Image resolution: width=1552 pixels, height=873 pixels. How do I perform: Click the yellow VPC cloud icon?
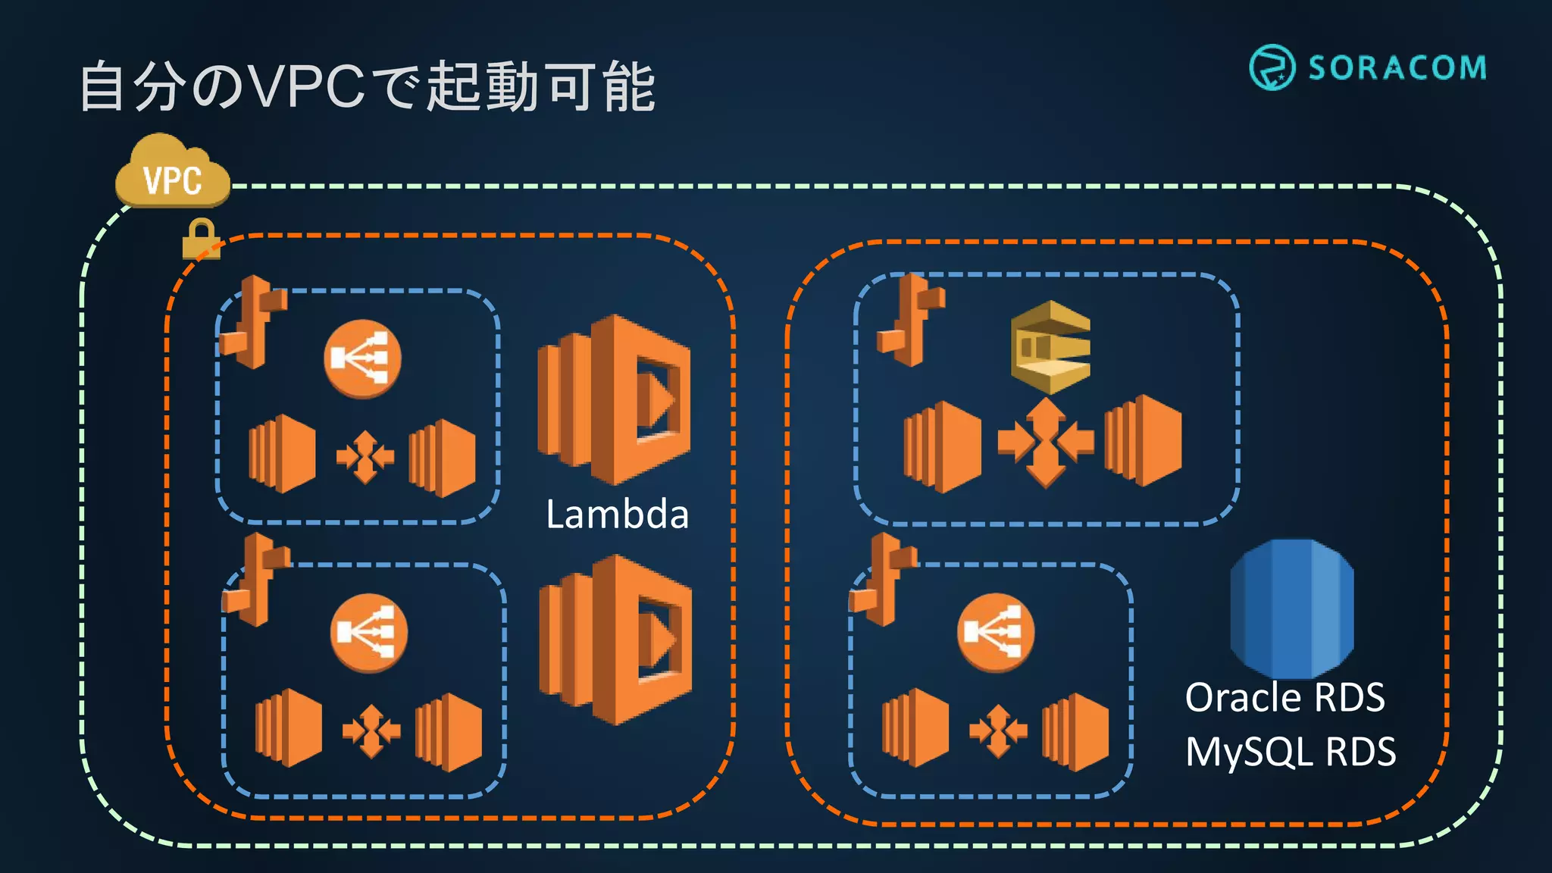[x=173, y=173]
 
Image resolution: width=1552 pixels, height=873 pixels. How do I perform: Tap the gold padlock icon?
[x=201, y=239]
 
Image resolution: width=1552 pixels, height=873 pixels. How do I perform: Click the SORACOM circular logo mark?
[x=1272, y=67]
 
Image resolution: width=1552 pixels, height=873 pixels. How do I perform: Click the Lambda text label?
[x=617, y=515]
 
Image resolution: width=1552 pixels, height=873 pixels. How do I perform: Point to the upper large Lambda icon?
[x=614, y=399]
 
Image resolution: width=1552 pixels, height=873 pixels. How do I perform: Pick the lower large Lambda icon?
[x=615, y=640]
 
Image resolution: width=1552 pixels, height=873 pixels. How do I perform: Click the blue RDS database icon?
[x=1292, y=609]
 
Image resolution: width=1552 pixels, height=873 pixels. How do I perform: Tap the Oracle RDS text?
[x=1284, y=697]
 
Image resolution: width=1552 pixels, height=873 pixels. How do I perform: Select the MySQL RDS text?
[x=1290, y=752]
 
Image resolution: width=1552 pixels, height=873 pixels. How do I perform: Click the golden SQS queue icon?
[x=1050, y=347]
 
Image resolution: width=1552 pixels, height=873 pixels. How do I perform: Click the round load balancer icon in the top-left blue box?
[x=362, y=358]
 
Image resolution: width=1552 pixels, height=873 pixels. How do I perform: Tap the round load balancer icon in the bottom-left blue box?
[x=369, y=633]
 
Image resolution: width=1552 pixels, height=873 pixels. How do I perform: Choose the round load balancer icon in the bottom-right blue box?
[x=995, y=633]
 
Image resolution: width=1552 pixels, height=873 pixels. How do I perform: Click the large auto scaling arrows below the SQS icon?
[x=1046, y=442]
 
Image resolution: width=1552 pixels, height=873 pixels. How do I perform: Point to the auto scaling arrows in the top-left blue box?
[x=365, y=456]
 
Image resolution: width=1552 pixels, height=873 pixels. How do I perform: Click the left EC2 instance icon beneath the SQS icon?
[x=942, y=446]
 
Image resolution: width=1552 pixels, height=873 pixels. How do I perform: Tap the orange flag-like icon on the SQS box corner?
[x=911, y=321]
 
